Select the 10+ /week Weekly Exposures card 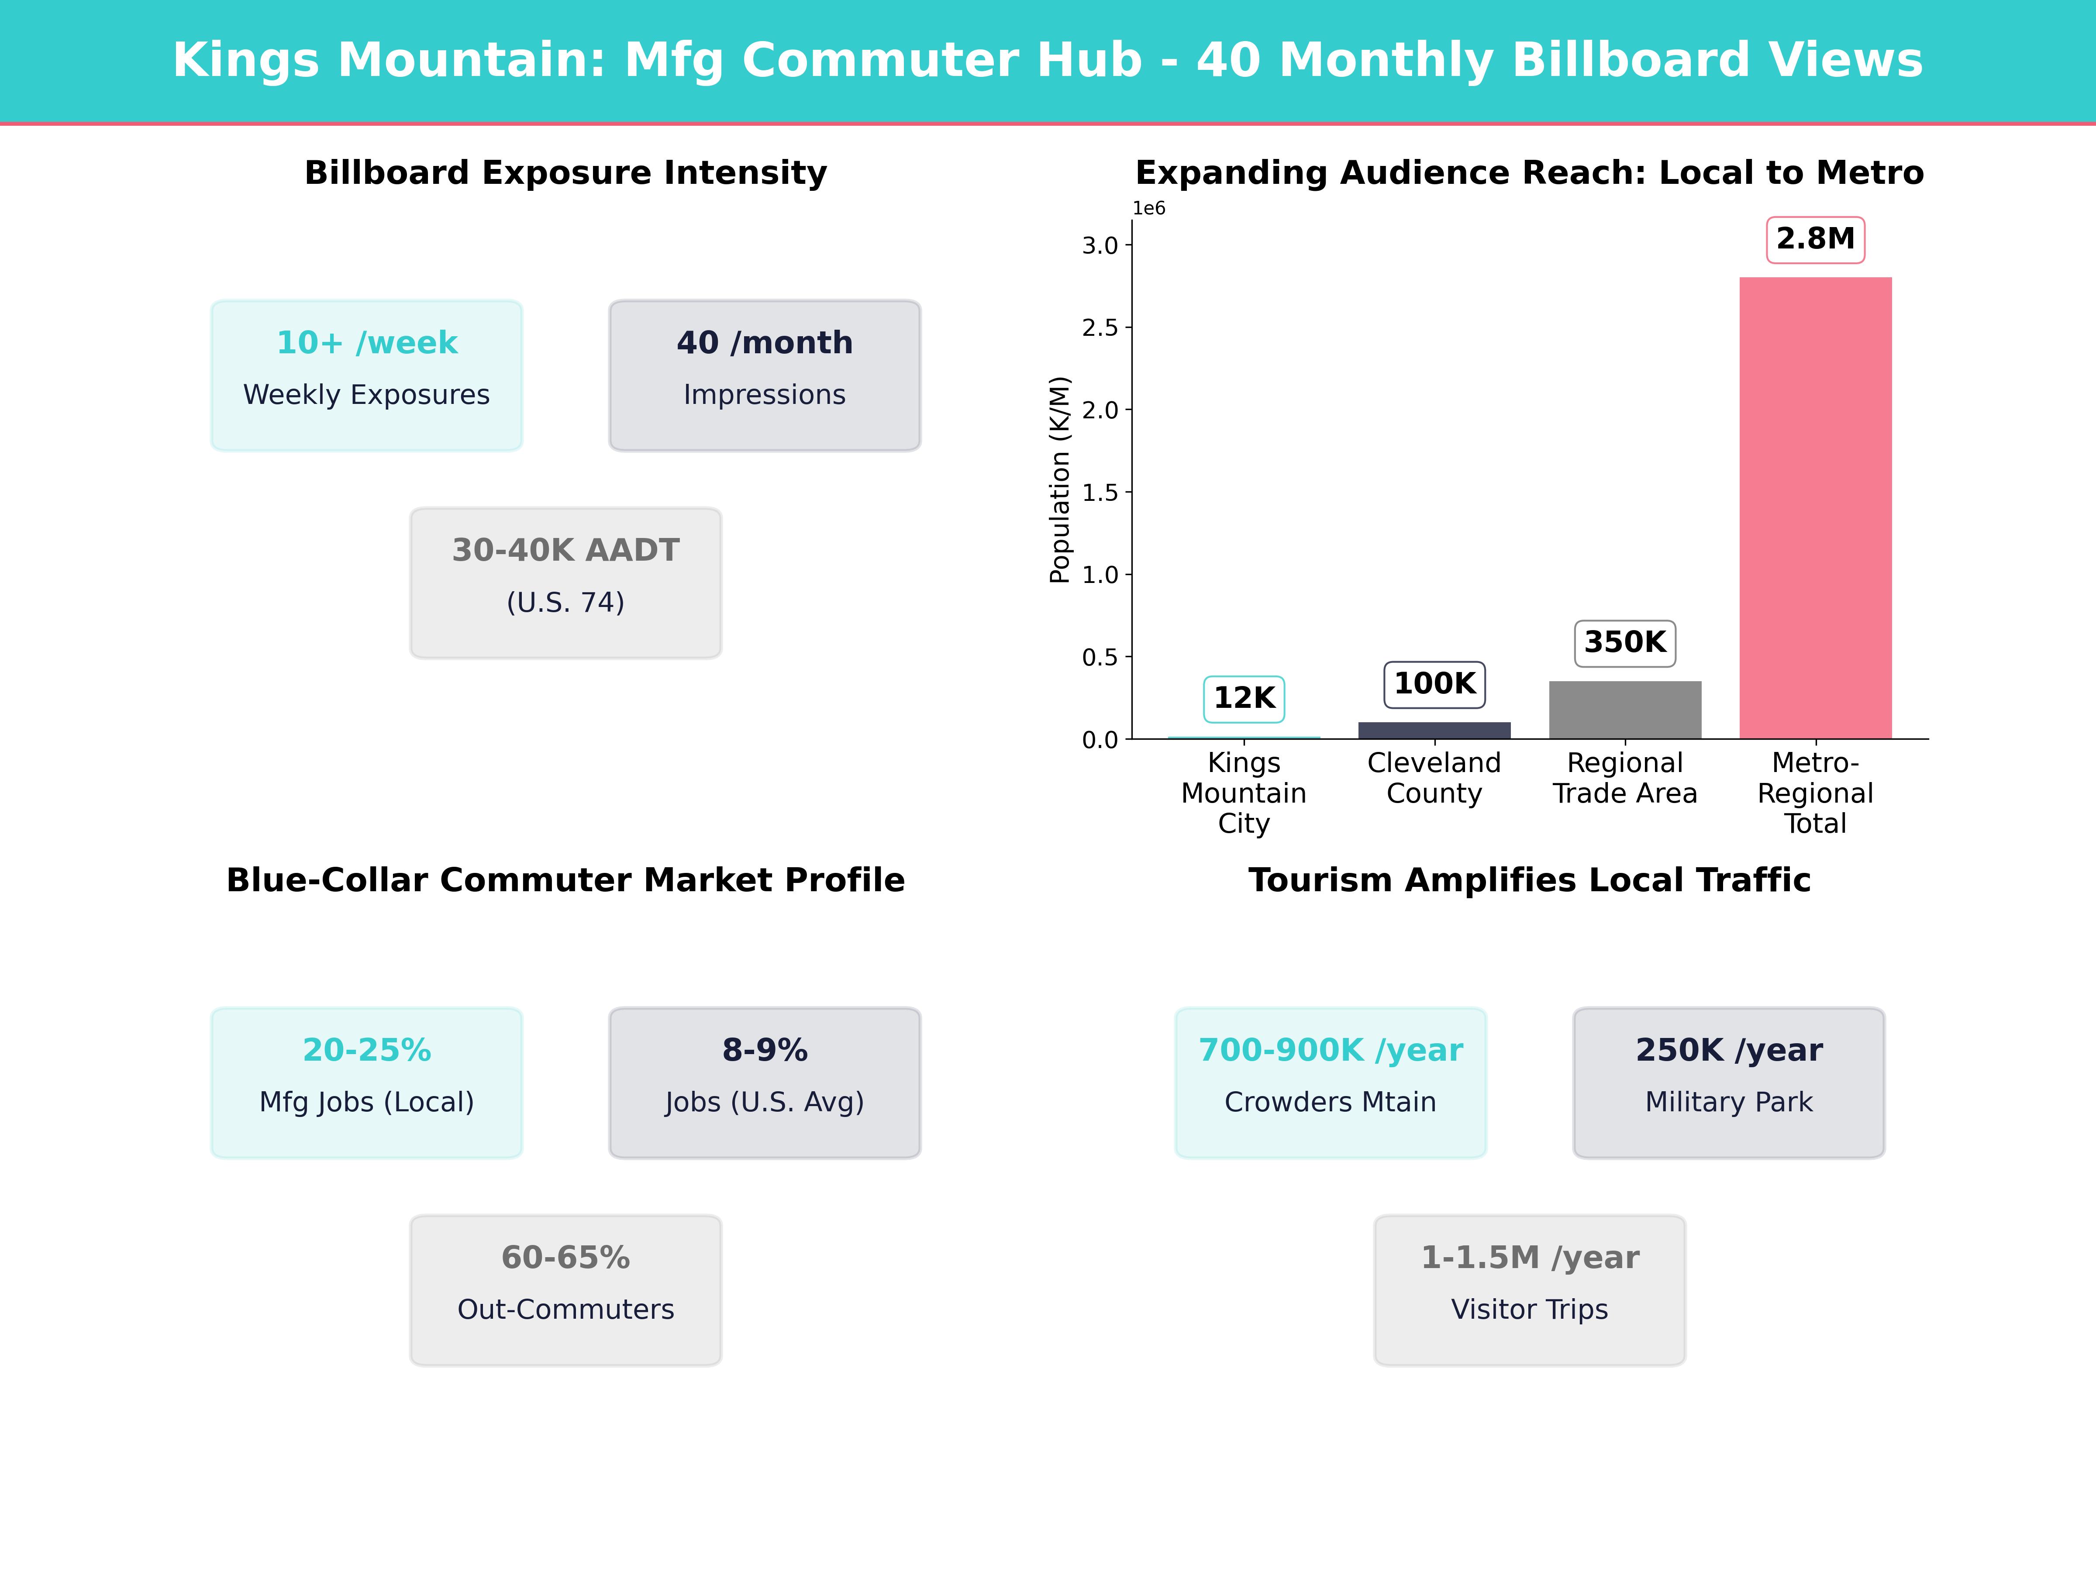[x=367, y=375]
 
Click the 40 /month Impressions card [x=765, y=375]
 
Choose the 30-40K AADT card [x=565, y=583]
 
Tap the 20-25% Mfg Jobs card [x=367, y=1082]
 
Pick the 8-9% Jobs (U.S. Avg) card [x=765, y=1082]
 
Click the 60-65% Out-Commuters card [x=565, y=1289]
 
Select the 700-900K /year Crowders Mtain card [x=1331, y=1082]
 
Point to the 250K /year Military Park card [x=1728, y=1082]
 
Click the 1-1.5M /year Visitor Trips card [x=1529, y=1289]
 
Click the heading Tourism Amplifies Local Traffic [x=1529, y=880]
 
